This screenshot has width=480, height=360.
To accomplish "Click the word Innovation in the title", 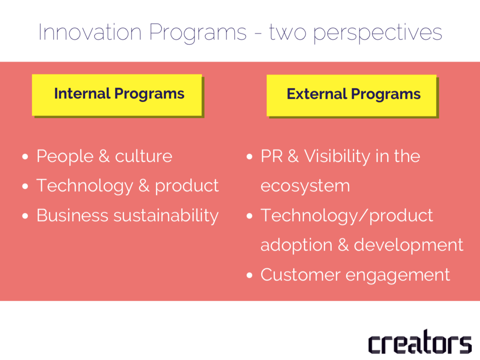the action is [x=90, y=32].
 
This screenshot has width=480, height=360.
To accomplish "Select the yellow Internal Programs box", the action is [x=117, y=95].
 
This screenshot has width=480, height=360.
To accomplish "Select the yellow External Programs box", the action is [x=352, y=95].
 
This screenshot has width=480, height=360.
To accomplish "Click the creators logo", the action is [x=420, y=342].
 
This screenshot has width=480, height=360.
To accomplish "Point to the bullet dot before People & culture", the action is [x=25, y=157].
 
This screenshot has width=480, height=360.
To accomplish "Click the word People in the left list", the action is [x=65, y=156].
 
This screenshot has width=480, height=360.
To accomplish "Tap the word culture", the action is [x=143, y=156].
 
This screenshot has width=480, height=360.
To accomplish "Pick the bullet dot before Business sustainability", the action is [x=25, y=216].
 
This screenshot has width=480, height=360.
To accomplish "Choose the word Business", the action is [x=73, y=215].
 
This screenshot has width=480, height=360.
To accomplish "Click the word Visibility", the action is [x=337, y=156].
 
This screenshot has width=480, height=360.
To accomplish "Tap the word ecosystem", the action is [x=305, y=186].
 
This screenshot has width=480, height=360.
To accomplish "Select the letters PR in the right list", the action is [x=272, y=156].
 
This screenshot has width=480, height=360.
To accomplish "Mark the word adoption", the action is [x=296, y=246].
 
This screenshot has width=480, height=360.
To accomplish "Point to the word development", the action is [x=409, y=245].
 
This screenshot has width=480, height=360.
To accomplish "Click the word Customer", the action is [x=301, y=275].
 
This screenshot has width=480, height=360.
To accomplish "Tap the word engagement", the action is [x=398, y=275].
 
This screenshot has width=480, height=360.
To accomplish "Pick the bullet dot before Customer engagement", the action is [x=250, y=275].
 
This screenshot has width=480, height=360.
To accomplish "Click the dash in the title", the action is [x=258, y=34].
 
